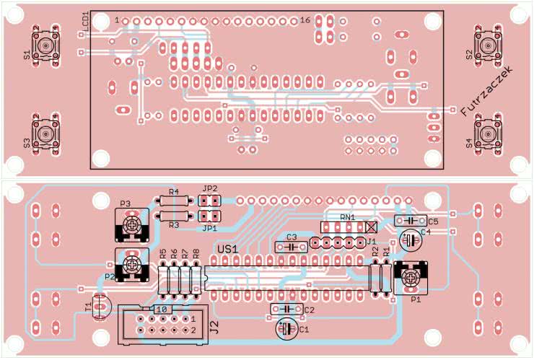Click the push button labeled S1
[x=46, y=45]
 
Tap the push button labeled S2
[x=488, y=46]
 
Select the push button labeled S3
[x=46, y=133]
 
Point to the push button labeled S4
[x=488, y=133]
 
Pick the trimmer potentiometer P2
[x=132, y=263]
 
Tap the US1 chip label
[x=229, y=249]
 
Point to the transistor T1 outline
[x=100, y=307]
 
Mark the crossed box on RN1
[x=372, y=226]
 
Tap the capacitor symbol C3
[x=291, y=246]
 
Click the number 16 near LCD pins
[x=305, y=20]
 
